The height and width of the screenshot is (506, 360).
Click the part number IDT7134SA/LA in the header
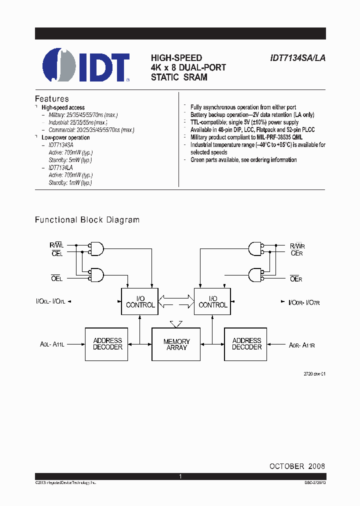297,58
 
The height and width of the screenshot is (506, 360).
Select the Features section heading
51,99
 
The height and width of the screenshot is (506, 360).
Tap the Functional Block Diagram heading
87,220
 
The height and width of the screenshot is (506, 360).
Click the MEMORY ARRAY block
176,344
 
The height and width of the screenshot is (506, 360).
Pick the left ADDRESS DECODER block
107,344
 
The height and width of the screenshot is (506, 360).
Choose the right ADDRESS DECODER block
246,344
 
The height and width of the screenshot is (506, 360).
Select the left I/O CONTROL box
140,301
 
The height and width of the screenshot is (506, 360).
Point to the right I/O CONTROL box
212,301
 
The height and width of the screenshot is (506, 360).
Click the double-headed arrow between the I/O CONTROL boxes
176,301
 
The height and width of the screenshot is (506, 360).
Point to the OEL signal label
57,279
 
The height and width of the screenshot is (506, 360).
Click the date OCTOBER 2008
297,466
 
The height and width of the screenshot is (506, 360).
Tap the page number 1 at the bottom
180,477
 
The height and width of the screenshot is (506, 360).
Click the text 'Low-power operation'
65,137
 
